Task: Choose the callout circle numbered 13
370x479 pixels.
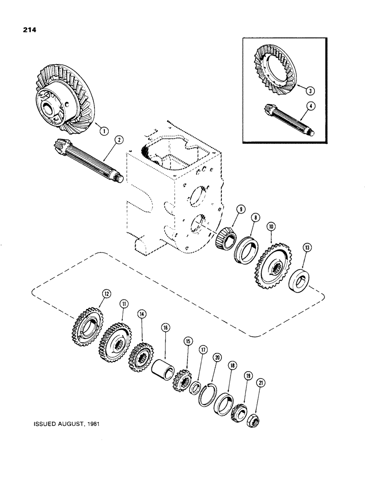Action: (x=307, y=248)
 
